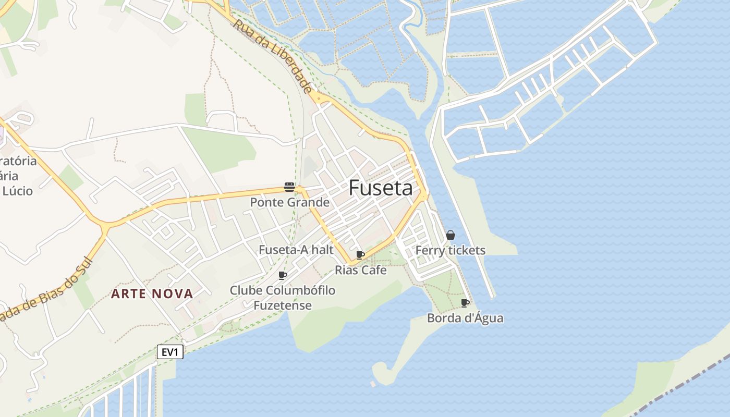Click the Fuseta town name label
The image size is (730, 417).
tap(380, 188)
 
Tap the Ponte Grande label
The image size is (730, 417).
tap(289, 202)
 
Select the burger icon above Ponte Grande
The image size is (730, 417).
tap(289, 187)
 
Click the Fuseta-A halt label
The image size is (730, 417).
tap(296, 250)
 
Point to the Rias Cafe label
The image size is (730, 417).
tap(360, 270)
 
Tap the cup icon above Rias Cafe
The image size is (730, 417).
tap(360, 255)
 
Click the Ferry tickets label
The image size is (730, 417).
tap(450, 250)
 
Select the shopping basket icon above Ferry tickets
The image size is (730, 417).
tap(451, 235)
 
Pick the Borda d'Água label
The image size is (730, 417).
tap(465, 317)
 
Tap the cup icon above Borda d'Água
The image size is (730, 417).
tap(465, 303)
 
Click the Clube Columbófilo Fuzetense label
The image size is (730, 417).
tap(283, 298)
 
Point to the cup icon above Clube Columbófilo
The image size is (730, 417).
tap(283, 275)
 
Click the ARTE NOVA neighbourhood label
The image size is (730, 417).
tap(152, 294)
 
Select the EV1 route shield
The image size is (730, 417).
tap(170, 352)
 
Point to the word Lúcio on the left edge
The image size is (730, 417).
tap(18, 191)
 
